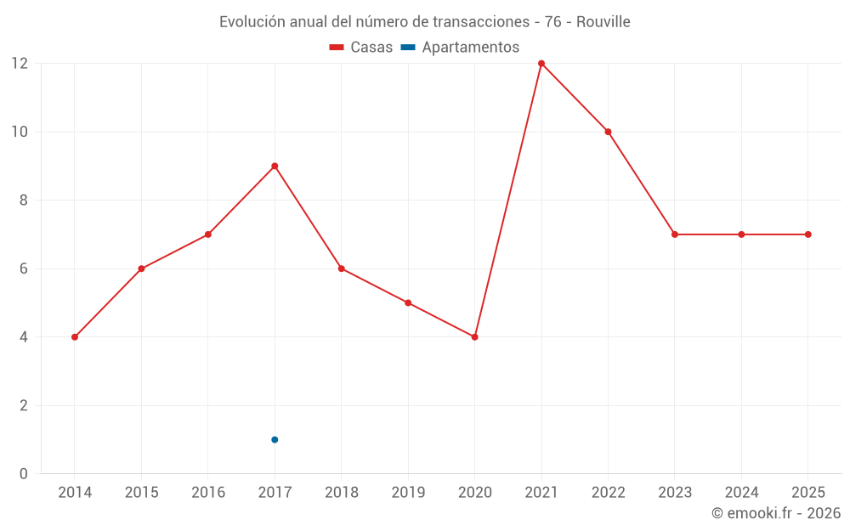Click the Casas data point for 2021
click(x=541, y=64)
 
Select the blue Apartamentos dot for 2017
click(x=275, y=439)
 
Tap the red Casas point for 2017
click(x=275, y=166)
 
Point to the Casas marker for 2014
click(x=75, y=337)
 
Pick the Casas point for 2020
click(x=474, y=337)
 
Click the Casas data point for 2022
click(x=608, y=132)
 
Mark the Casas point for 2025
click(x=807, y=234)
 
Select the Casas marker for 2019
click(x=408, y=302)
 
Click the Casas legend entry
click(x=361, y=48)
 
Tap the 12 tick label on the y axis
click(x=19, y=64)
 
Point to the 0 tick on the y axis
click(x=23, y=473)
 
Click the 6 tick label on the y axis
click(x=23, y=268)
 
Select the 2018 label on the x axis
click(x=341, y=493)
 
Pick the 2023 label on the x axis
click(x=674, y=493)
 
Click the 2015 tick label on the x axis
click(x=141, y=493)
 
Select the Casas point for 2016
click(x=208, y=234)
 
